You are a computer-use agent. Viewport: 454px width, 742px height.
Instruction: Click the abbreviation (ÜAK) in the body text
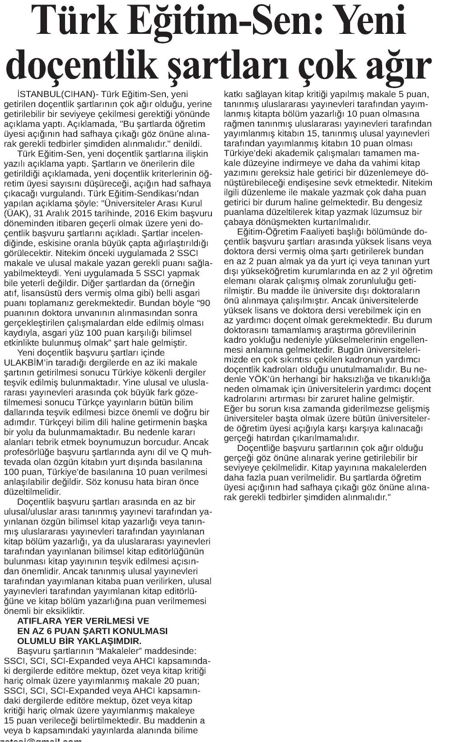[x=16, y=213]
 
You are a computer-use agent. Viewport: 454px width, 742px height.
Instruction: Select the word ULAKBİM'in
[x=31, y=363]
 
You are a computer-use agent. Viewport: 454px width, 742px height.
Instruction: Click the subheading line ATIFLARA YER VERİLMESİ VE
[x=83, y=621]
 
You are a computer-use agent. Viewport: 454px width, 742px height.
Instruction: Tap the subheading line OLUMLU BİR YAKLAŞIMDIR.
[x=79, y=641]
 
